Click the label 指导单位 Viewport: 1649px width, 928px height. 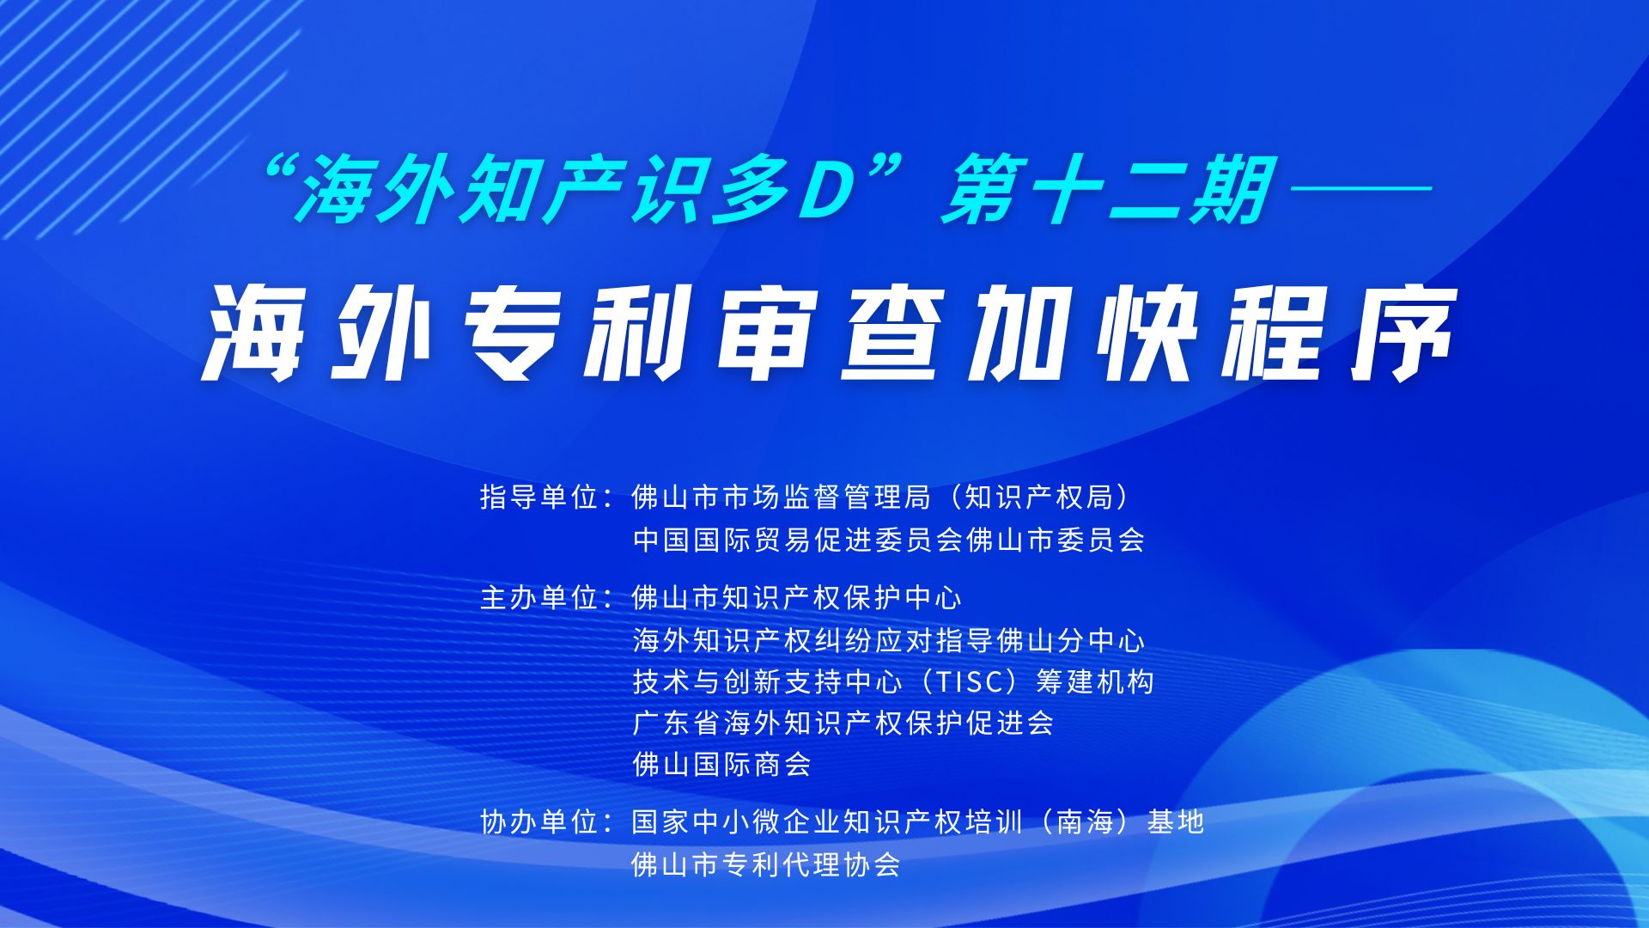(539, 497)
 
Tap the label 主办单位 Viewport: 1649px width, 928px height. (539, 597)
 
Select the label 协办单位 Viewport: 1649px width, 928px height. (539, 821)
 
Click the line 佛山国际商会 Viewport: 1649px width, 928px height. (721, 764)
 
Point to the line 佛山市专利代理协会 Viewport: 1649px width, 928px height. (766, 864)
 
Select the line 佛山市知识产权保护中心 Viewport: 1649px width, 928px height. (796, 597)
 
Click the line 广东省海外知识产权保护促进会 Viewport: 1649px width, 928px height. (843, 723)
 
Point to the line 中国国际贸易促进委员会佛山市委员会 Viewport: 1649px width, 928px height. (889, 540)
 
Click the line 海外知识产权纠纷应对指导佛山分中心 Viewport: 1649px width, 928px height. (889, 640)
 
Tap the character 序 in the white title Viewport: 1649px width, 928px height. (1403, 333)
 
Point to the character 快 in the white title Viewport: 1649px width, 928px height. (1147, 333)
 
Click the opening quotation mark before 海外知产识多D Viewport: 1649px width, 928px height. (278, 171)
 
